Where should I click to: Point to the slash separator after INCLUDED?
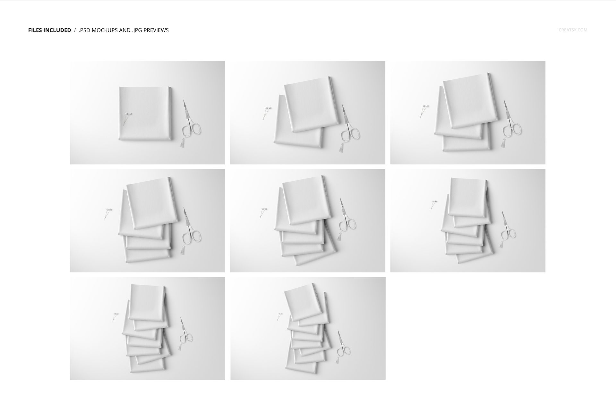click(75, 30)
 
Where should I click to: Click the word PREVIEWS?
click(156, 30)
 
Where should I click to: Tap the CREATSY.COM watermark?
click(573, 30)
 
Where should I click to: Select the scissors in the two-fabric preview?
click(349, 127)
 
